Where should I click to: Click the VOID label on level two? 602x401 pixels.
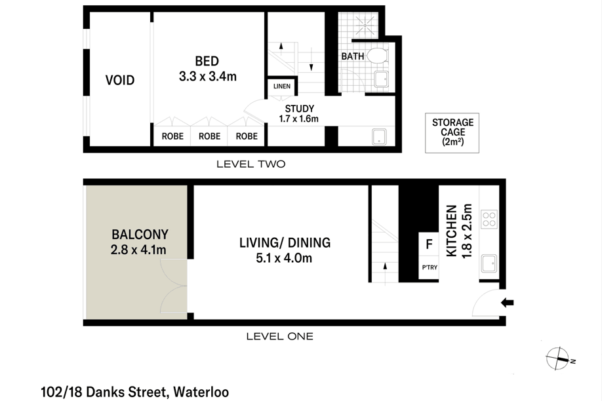click(x=120, y=81)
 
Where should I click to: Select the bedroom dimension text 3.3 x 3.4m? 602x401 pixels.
click(x=207, y=77)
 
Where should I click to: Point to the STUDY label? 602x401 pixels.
click(x=299, y=109)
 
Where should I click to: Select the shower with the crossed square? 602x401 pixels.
click(x=362, y=26)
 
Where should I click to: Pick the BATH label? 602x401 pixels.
click(x=352, y=56)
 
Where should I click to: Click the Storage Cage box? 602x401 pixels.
click(x=452, y=133)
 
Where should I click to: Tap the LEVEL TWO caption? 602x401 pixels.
click(x=251, y=164)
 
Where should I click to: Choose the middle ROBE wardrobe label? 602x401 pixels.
click(x=209, y=137)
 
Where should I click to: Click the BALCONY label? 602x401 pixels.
click(x=140, y=234)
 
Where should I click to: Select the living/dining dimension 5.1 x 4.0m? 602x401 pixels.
click(x=285, y=258)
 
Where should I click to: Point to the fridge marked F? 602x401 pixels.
click(x=429, y=245)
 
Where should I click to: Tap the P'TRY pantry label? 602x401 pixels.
click(x=429, y=268)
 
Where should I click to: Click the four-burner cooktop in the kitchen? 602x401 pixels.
click(x=489, y=218)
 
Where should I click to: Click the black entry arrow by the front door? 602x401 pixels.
click(x=508, y=302)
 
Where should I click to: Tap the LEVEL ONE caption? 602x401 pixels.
click(x=279, y=337)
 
